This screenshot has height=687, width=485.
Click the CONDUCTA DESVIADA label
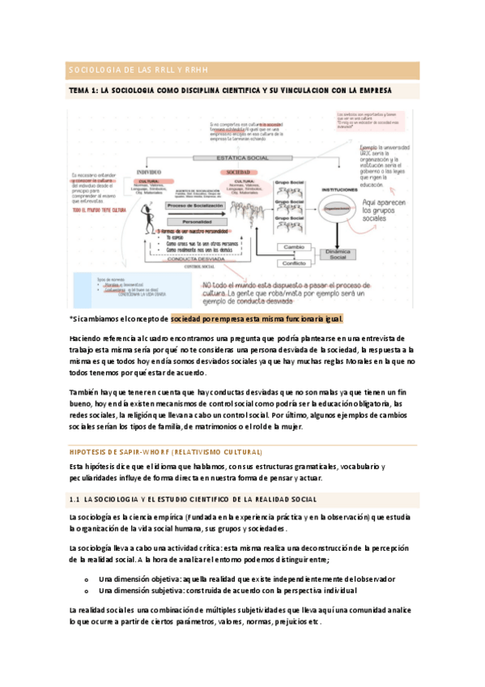(198, 258)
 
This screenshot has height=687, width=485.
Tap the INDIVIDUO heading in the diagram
(150, 173)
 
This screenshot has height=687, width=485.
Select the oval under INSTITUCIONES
(334, 207)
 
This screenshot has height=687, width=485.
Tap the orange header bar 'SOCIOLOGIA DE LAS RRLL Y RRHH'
(242, 70)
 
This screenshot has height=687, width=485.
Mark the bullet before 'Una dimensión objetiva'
(85, 579)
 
